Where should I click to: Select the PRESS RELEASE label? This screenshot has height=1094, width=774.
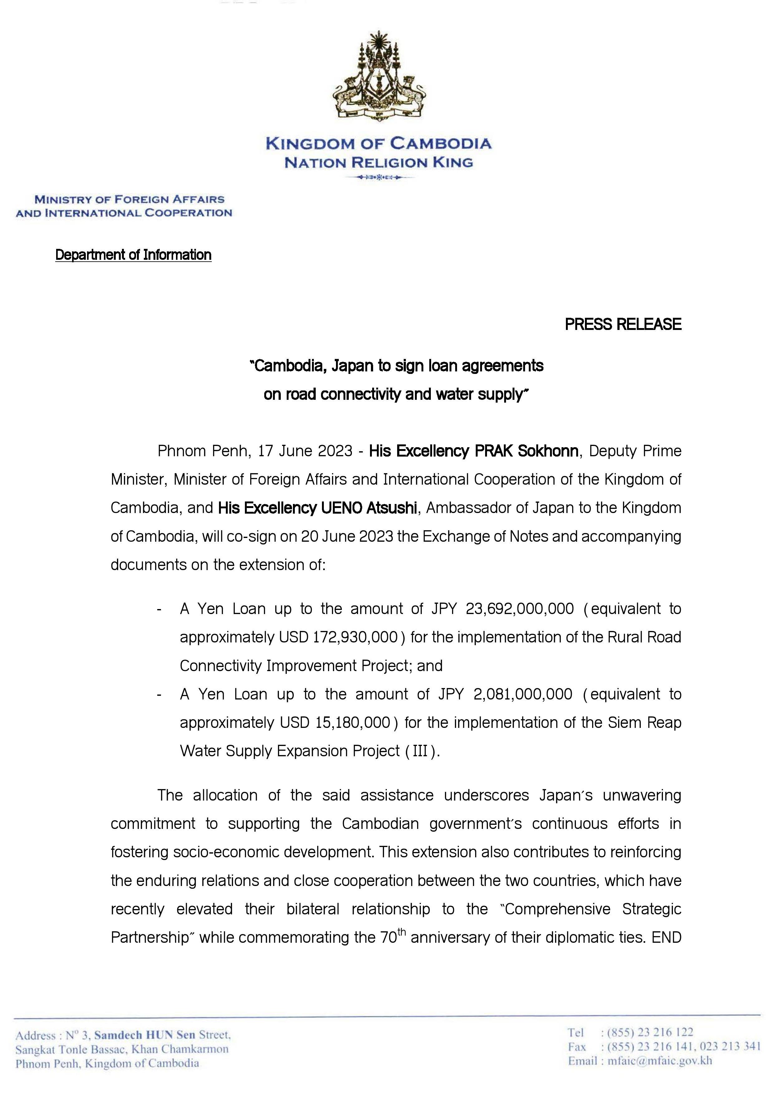pyautogui.click(x=623, y=324)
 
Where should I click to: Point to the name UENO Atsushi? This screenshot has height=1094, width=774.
pyautogui.click(x=369, y=508)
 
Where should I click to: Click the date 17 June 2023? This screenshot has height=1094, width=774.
pyautogui.click(x=305, y=451)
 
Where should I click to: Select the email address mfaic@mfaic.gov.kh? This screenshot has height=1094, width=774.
pyautogui.click(x=660, y=1061)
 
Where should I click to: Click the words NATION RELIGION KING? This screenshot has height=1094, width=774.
pyautogui.click(x=378, y=163)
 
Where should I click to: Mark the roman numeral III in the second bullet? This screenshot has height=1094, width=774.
pyautogui.click(x=420, y=751)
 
